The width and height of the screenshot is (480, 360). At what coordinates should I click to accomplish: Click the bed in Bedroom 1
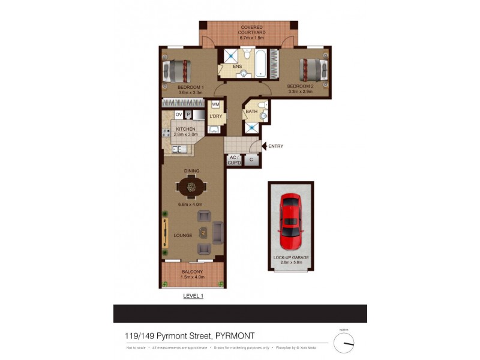pyautogui.click(x=178, y=71)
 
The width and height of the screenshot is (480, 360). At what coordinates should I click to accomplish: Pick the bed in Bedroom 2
pyautogui.click(x=313, y=69)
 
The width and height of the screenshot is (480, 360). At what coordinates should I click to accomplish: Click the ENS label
pyautogui.click(x=238, y=67)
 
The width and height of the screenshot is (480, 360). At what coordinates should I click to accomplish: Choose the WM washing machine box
pyautogui.click(x=215, y=104)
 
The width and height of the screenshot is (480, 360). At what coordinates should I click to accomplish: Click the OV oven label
pyautogui.click(x=178, y=115)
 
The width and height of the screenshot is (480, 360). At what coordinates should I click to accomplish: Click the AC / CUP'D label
pyautogui.click(x=233, y=160)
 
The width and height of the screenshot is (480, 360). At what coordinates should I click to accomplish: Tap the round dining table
pyautogui.click(x=191, y=187)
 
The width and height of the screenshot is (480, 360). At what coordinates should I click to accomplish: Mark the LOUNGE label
pyautogui.click(x=183, y=236)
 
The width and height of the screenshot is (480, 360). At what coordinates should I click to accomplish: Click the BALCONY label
pyautogui.click(x=193, y=272)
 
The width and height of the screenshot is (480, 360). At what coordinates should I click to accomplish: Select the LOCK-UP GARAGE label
pyautogui.click(x=291, y=257)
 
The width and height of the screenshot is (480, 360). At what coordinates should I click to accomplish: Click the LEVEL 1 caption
pyautogui.click(x=193, y=296)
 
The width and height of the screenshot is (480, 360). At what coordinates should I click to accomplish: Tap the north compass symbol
pyautogui.click(x=344, y=343)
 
